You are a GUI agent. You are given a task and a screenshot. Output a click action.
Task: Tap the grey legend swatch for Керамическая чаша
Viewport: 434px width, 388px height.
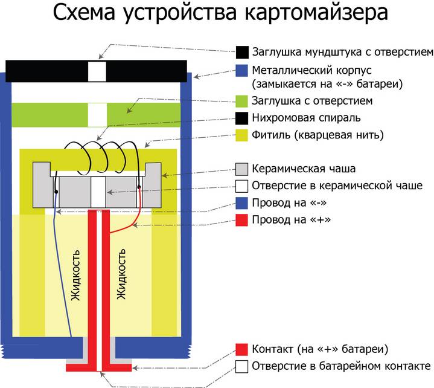point(242,169)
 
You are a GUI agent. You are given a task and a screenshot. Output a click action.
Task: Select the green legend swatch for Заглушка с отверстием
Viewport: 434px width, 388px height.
point(242,100)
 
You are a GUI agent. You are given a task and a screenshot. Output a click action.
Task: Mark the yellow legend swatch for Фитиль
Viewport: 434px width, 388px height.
point(242,134)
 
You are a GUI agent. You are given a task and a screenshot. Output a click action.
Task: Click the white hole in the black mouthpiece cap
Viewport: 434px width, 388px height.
point(97,71)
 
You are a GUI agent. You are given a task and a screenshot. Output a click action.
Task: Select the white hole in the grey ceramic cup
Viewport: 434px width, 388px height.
point(99,193)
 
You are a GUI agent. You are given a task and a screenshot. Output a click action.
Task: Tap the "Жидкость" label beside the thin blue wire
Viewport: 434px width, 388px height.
point(77,278)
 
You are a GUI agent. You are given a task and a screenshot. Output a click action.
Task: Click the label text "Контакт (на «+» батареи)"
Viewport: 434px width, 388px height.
point(320,349)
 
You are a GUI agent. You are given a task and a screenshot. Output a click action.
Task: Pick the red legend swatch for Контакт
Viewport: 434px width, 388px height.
point(242,349)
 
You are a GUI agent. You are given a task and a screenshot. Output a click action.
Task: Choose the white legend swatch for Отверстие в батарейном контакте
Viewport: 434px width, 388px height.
point(242,366)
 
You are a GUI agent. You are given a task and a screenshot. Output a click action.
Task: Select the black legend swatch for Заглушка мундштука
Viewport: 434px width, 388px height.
point(242,51)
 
